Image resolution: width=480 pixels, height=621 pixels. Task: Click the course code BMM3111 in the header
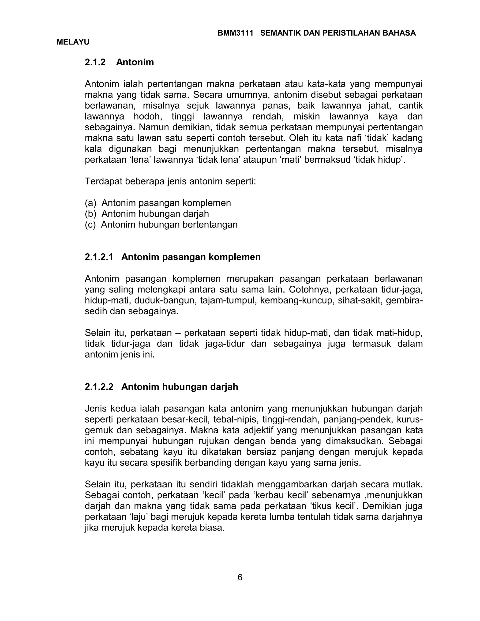pos(235,33)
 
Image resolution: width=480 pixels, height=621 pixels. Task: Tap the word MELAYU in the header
pos(73,42)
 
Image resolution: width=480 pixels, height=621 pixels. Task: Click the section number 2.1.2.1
pos(99,257)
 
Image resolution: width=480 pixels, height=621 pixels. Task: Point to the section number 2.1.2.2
pos(99,387)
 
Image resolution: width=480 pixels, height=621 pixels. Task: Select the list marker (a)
pos(91,203)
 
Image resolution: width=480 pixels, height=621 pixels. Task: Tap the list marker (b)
pos(91,214)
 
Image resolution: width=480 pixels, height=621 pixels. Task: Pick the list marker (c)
pos(90,225)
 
